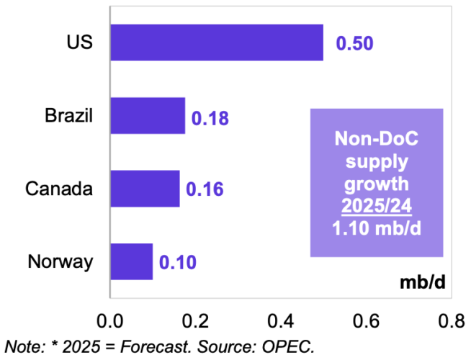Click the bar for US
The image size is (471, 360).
coord(216,43)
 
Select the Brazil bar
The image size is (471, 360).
coord(147,116)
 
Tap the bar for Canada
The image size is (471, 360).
coord(144,189)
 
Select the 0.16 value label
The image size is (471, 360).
coord(205,190)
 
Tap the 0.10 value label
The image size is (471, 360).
coord(177,262)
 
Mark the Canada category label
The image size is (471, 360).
coord(59,189)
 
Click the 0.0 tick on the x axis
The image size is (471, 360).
coord(109,318)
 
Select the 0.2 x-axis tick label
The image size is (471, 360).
coord(195,318)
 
